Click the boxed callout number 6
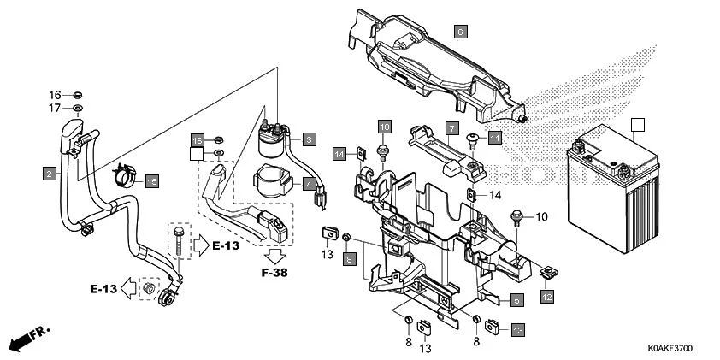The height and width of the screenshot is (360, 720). (459, 32)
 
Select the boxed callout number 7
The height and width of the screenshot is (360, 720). (449, 129)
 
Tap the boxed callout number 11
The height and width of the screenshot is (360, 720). (494, 137)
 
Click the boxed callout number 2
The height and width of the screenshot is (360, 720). (50, 174)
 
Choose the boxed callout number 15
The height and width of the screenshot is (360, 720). (151, 180)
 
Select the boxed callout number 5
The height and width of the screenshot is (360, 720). (516, 300)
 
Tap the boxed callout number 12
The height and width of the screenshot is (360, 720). (546, 296)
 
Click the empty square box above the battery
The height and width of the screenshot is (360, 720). (635, 124)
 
